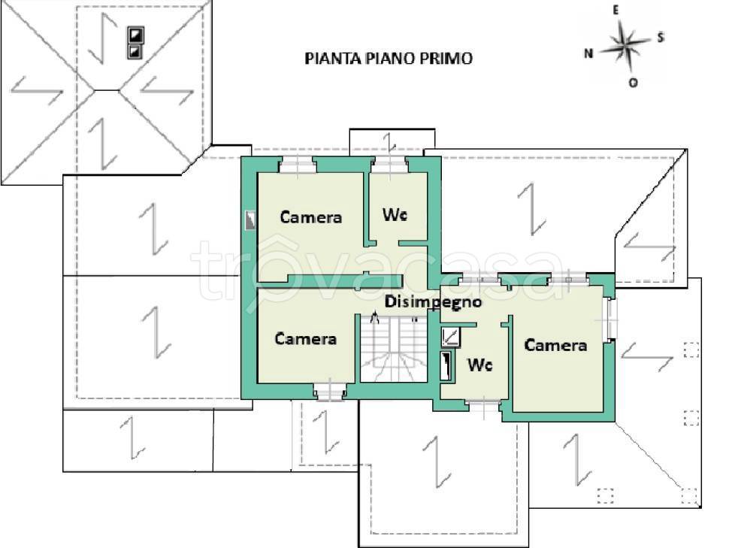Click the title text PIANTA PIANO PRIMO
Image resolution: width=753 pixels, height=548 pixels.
pyautogui.click(x=389, y=59)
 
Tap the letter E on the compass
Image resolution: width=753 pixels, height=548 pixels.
pyautogui.click(x=615, y=10)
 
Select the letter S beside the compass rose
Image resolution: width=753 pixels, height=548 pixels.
pyautogui.click(x=660, y=38)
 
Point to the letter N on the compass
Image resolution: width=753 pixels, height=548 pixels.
pyautogui.click(x=589, y=53)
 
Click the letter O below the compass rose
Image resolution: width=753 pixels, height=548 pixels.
pyautogui.click(x=633, y=83)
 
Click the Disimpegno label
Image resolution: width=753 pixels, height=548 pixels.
pyautogui.click(x=433, y=302)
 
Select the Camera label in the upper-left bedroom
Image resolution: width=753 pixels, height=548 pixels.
pyautogui.click(x=310, y=217)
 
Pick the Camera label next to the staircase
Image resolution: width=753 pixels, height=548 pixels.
pyautogui.click(x=305, y=339)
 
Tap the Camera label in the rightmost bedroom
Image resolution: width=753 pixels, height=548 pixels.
pyautogui.click(x=555, y=345)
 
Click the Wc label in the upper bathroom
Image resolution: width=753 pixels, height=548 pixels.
pyautogui.click(x=395, y=215)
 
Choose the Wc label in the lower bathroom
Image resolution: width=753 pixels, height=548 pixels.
pyautogui.click(x=480, y=365)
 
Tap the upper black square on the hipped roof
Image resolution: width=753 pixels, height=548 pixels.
pyautogui.click(x=135, y=35)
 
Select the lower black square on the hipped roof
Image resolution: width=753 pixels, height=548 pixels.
pyautogui.click(x=135, y=51)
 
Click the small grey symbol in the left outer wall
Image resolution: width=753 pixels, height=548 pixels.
pyautogui.click(x=250, y=220)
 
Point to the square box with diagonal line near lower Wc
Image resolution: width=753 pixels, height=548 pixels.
pyautogui.click(x=451, y=337)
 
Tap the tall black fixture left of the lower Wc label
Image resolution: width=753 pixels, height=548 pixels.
pyautogui.click(x=448, y=366)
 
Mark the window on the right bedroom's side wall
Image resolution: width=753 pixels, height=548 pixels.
pyautogui.click(x=610, y=319)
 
